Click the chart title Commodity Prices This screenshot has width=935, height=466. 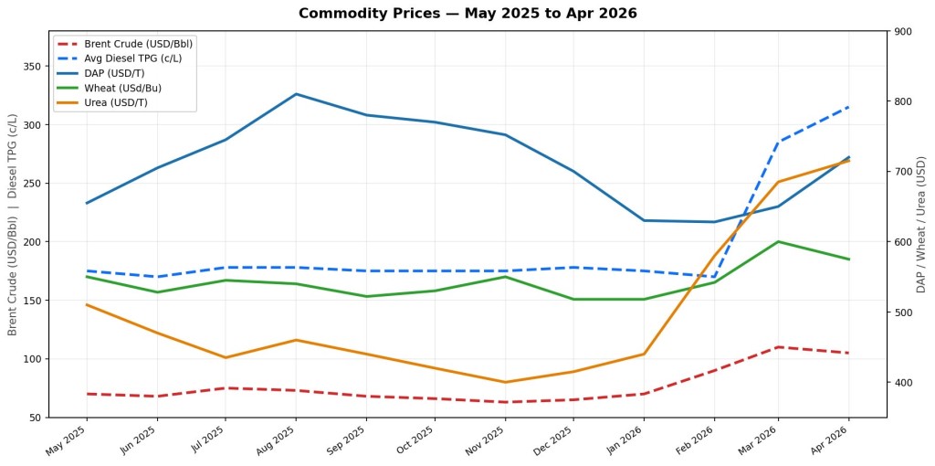(467, 14)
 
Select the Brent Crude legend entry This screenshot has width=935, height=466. (138, 44)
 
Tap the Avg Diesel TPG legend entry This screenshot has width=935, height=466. (132, 58)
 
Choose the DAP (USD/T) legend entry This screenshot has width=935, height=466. (113, 73)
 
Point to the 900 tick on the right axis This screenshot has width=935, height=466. (903, 31)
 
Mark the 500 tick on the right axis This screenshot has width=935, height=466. (903, 312)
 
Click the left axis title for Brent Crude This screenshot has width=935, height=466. (13, 224)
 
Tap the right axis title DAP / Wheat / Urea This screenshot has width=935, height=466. (921, 224)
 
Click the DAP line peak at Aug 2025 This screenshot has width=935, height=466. (296, 94)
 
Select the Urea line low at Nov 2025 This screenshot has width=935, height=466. (505, 382)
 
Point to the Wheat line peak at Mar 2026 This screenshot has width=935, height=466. (778, 241)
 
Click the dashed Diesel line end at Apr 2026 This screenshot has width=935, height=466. (849, 107)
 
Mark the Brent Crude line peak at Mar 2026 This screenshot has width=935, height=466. (778, 347)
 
